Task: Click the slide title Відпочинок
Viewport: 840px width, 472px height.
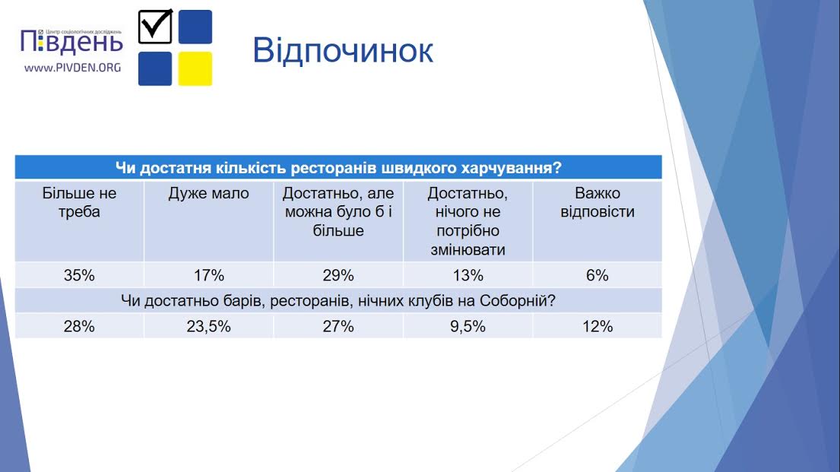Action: (342, 51)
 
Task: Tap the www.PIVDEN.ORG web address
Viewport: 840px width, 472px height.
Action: (73, 68)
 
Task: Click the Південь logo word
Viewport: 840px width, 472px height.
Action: (71, 43)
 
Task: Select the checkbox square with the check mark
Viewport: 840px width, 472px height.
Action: (155, 27)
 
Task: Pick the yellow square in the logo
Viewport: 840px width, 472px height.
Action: (195, 68)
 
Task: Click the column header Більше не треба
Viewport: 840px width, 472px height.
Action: (79, 202)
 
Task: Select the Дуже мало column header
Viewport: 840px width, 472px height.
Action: (208, 193)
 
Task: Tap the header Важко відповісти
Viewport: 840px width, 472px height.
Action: (598, 202)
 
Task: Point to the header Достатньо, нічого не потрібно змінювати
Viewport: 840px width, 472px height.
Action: (468, 221)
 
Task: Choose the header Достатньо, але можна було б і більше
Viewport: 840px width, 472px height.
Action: (338, 211)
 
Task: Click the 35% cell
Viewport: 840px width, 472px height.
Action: (79, 275)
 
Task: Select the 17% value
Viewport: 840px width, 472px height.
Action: (208, 275)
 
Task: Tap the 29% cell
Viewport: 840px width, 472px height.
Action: (338, 275)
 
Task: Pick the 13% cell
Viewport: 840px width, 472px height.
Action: (468, 275)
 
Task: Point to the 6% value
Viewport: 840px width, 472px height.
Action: (598, 275)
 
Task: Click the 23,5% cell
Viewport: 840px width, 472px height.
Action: (208, 326)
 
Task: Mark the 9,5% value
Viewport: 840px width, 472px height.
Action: (468, 326)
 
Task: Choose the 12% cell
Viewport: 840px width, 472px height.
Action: (598, 326)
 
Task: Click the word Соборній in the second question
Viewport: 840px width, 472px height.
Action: (517, 300)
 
